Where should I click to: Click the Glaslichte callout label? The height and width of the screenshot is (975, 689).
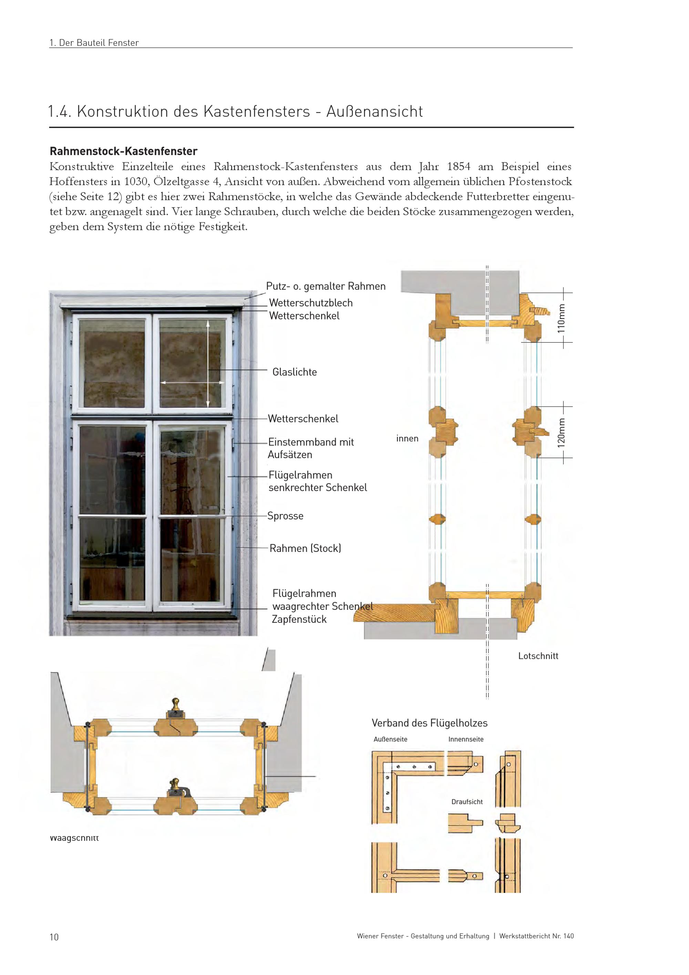coord(295,372)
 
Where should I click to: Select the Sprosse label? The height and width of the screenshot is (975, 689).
coord(285,516)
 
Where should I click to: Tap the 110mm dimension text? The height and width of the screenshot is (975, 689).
coord(561,319)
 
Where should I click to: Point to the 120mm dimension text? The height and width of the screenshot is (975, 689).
coord(561,433)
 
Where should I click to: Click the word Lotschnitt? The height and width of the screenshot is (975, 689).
coord(538,656)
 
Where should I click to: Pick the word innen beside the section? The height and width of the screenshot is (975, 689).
coord(407,439)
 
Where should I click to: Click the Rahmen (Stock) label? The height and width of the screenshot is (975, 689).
coord(305,548)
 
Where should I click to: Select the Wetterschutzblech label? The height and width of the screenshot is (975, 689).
coord(310,303)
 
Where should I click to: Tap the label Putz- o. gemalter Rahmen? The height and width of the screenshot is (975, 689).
coord(326,286)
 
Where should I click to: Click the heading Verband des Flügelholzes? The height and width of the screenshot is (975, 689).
coord(429,723)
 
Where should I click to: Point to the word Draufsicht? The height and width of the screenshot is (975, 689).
coord(467,802)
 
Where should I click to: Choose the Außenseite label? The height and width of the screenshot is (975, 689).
coord(390,739)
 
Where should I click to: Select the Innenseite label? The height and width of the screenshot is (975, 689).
coord(466,739)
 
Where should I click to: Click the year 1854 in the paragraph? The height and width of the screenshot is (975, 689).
coord(459,167)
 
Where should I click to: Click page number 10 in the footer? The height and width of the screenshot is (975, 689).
coord(54,937)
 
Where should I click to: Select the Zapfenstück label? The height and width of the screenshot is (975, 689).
coord(299,619)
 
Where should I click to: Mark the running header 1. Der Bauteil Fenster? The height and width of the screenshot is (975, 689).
coord(94,43)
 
